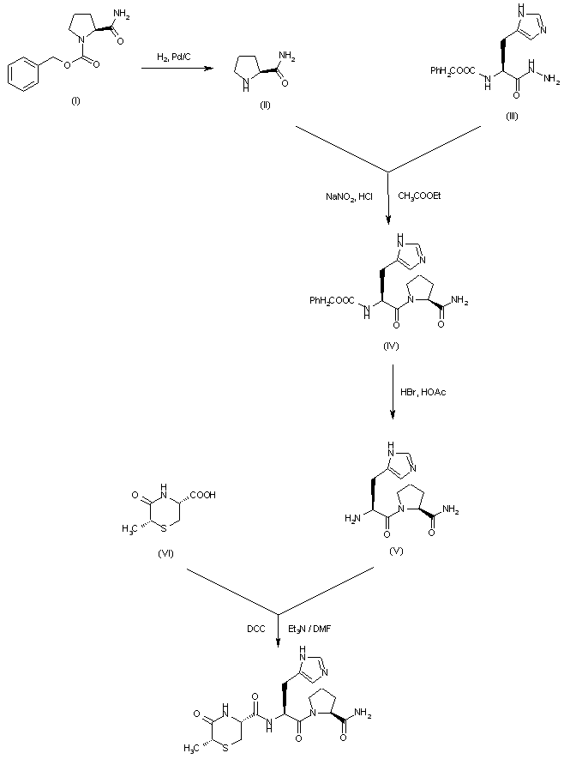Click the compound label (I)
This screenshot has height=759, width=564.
(75, 101)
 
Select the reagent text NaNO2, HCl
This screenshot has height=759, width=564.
(349, 197)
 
